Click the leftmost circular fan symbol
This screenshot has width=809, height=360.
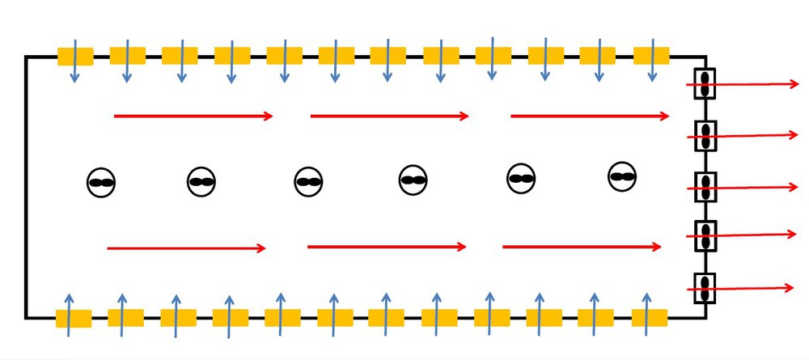point(101,183)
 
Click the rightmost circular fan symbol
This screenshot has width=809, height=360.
point(621,176)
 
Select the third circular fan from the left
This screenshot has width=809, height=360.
point(308,182)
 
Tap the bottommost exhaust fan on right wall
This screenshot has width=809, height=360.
point(705,288)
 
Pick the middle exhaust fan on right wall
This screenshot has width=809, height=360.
point(705,188)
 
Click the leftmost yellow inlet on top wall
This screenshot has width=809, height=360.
point(75,56)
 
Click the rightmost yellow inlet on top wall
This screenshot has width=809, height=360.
point(651,56)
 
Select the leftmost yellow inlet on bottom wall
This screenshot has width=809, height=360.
point(73,318)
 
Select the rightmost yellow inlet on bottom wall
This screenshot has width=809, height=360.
point(649,318)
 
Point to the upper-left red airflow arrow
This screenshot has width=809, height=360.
point(194,116)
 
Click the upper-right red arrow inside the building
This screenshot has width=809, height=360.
point(590,116)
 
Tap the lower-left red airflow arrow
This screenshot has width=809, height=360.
point(187,248)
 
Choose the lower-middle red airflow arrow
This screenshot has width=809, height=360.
point(387,247)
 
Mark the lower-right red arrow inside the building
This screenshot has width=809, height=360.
point(582,247)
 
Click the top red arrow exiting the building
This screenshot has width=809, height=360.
point(756,83)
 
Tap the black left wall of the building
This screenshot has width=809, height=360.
point(26,186)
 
